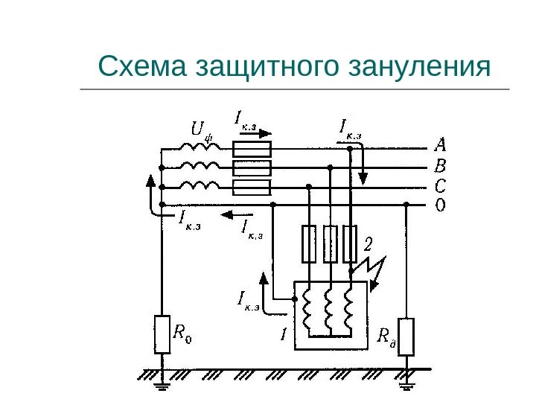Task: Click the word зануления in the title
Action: [x=419, y=68]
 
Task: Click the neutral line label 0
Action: [x=440, y=204]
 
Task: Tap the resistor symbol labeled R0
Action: [x=162, y=334]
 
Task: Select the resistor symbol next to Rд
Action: [x=406, y=337]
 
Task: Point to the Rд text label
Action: [x=386, y=339]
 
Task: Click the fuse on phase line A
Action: [x=251, y=148]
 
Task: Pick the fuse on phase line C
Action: [x=251, y=187]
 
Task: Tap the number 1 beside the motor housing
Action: [x=284, y=336]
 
